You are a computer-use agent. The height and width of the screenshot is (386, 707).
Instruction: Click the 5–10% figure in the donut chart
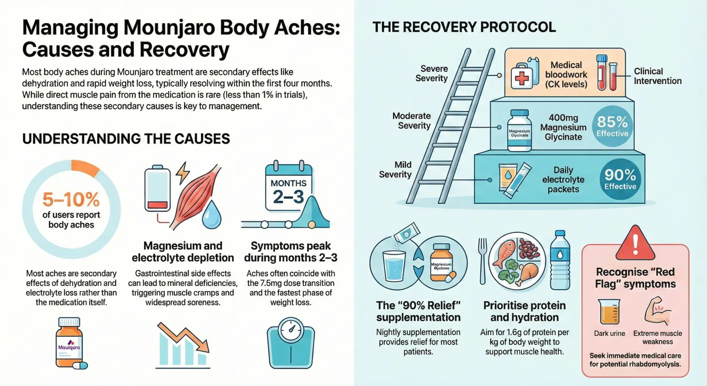point(71,199)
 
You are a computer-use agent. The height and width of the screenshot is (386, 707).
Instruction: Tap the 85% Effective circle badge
point(612,126)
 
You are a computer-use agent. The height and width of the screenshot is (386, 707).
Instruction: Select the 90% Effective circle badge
point(620,179)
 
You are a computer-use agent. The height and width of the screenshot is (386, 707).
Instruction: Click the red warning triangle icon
point(635,243)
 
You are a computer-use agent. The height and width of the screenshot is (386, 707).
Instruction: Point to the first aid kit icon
point(522,77)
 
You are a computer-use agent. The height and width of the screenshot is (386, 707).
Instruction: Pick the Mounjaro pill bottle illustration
point(70,343)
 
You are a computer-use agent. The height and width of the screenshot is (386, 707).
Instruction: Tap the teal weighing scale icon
point(291,343)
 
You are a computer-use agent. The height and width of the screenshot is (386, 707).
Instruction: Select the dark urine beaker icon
point(609,312)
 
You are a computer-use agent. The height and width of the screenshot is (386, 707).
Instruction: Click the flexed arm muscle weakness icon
point(657,311)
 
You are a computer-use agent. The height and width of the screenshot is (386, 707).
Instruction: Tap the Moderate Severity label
point(411,121)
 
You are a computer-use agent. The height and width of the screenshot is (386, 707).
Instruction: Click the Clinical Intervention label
point(657,76)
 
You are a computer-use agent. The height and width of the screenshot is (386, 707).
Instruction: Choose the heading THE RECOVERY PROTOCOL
point(464,27)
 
